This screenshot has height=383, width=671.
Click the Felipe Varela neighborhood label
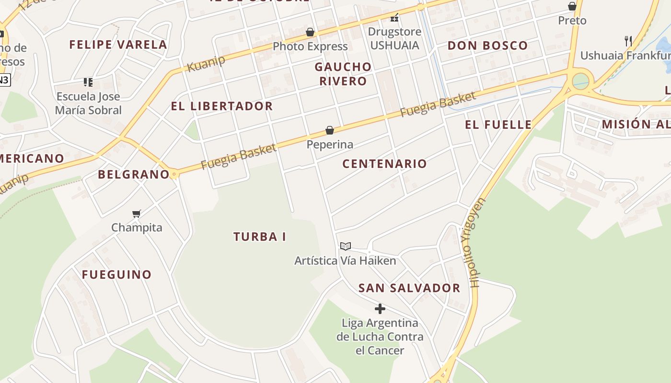click(118, 45)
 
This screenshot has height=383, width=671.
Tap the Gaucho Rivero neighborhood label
click(343, 74)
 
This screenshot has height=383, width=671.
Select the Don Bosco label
click(487, 46)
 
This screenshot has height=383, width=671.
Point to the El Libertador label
click(222, 106)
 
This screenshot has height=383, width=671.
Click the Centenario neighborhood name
click(384, 164)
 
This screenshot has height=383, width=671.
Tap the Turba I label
click(260, 237)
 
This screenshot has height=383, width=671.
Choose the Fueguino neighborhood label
click(116, 275)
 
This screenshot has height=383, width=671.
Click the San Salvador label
click(409, 288)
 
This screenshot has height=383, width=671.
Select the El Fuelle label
click(498, 125)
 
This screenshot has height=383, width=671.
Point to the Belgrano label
click(134, 174)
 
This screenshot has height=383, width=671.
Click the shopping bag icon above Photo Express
click(310, 33)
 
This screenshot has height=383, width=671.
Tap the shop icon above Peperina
click(330, 130)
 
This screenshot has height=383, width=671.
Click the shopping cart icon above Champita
click(137, 214)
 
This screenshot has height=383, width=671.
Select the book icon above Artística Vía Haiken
click(345, 247)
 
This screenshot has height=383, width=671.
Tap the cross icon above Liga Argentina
click(380, 309)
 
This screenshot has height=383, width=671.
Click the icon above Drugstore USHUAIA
click(394, 18)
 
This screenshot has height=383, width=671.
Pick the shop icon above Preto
click(572, 6)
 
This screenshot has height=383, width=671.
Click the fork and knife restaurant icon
click(628, 41)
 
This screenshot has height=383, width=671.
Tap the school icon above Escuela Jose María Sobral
click(88, 82)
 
